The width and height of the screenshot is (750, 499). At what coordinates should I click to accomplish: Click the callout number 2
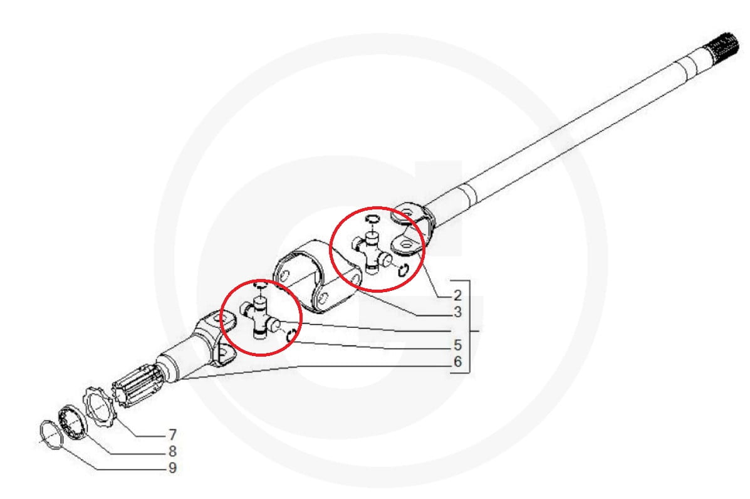point(457,295)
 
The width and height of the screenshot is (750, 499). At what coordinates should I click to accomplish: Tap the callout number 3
point(457,312)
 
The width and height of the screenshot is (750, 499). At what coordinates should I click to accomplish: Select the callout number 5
point(457,344)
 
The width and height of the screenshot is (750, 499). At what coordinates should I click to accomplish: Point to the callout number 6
point(457,361)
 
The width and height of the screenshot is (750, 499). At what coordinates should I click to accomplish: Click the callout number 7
point(172,434)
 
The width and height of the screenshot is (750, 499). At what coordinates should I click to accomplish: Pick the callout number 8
point(172,451)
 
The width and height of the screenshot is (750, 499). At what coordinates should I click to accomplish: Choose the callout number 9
point(172,468)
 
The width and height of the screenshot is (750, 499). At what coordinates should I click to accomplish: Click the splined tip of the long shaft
point(722,47)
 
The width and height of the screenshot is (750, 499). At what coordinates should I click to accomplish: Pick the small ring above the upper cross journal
point(372,219)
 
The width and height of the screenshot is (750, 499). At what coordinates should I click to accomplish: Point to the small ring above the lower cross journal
point(260,286)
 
